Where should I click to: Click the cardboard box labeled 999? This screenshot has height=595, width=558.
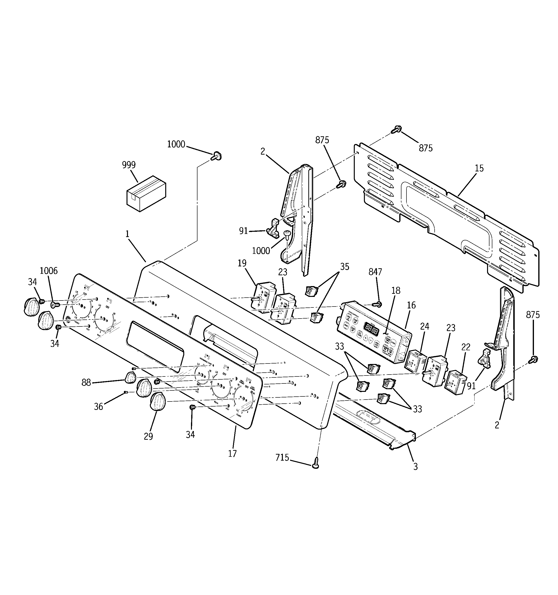tap(146, 194)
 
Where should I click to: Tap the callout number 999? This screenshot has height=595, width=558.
tap(129, 165)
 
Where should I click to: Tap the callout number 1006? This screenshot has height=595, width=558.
tap(49, 271)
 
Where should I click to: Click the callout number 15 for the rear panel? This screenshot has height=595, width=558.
tap(479, 168)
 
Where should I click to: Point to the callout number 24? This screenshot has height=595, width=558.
tap(425, 326)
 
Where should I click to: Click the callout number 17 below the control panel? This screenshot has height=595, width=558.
tap(232, 453)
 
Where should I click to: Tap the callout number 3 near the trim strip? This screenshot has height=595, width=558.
tap(415, 467)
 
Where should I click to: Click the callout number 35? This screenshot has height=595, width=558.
tap(344, 267)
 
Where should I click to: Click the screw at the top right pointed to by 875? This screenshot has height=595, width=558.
tap(396, 130)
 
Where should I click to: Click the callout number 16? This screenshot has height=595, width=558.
tap(411, 305)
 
